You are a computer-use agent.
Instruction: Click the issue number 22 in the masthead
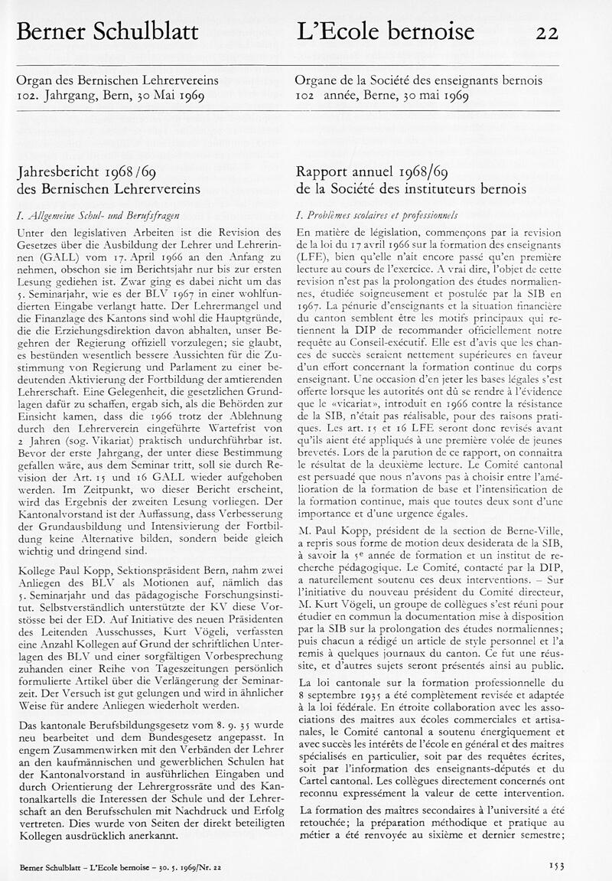point(547,31)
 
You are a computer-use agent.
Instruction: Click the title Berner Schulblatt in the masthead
point(107,31)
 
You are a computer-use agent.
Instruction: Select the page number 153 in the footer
point(556,865)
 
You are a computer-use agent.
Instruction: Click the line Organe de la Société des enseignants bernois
point(418,80)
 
